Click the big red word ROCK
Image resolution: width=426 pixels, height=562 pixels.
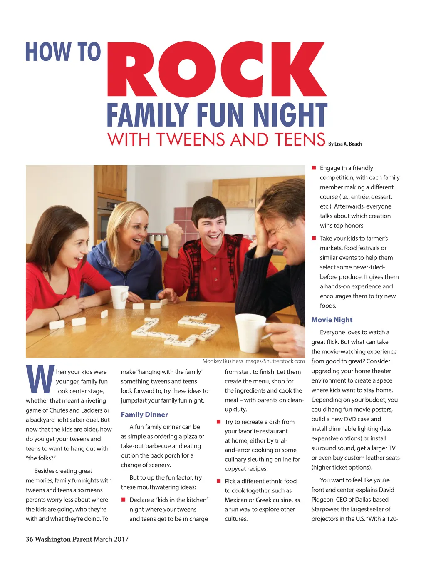coord(216,70)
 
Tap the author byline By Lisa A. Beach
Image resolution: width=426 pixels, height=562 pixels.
coord(345,144)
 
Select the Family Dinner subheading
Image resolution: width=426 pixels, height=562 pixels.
coord(144,415)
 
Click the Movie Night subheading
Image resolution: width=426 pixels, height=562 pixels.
coord(332,320)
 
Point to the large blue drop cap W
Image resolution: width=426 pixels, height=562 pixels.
coord(40,379)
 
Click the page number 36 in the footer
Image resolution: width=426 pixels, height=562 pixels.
coord(29,539)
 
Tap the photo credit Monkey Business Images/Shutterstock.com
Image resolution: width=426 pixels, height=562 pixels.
coord(253,361)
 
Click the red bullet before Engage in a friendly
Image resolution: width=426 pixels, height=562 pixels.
coord(314,168)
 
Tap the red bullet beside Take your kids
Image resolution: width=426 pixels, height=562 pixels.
coord(314,238)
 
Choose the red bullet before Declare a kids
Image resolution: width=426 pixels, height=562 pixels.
coord(124,500)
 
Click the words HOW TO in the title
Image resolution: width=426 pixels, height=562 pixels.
coord(63,52)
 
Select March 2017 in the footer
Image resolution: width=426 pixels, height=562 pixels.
coord(111,539)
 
